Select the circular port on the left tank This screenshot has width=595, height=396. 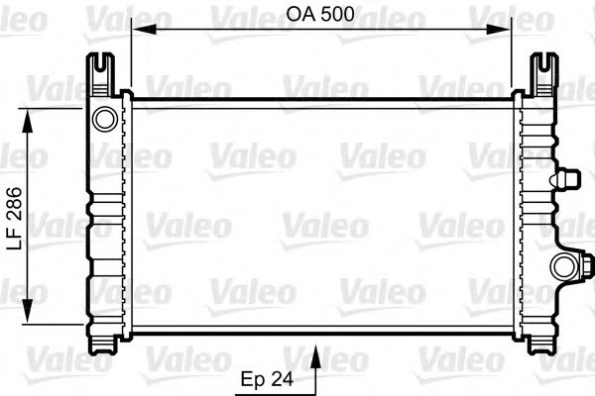[x=104, y=120]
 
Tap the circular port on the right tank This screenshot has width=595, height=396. [x=564, y=265]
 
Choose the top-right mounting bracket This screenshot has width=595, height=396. [x=540, y=69]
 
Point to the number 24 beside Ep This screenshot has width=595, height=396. [x=285, y=378]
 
